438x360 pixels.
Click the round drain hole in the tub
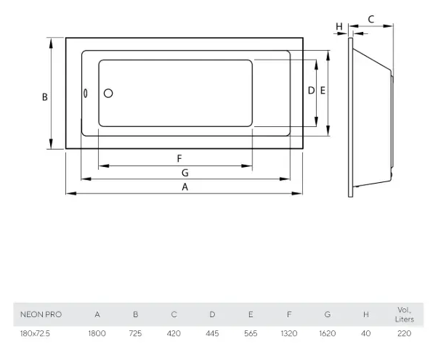pos(108,93)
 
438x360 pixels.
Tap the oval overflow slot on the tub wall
pos(86,93)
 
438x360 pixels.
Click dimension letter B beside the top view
pos(45,97)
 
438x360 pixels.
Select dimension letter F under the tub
pos(179,158)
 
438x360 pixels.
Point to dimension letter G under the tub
pos(185,173)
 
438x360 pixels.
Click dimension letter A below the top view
pos(185,187)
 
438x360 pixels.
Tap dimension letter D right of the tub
pos(311,91)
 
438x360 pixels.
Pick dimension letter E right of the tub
pos(323,91)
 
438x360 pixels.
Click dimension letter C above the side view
pos(371,20)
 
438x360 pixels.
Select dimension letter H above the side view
pos(339,27)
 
